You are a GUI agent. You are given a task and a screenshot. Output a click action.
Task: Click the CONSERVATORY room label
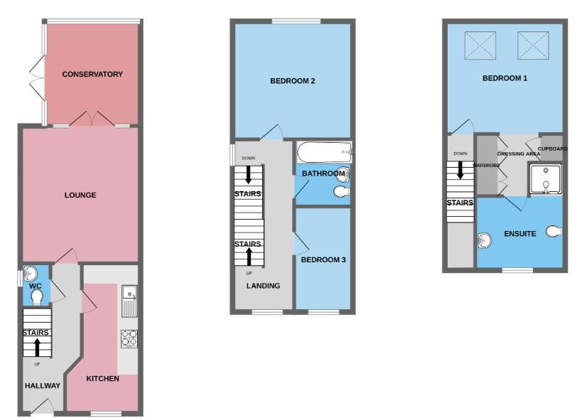coord(92,74)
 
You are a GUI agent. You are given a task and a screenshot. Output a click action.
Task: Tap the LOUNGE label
coord(80,195)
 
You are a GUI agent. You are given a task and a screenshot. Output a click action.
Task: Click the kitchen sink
coord(129,299)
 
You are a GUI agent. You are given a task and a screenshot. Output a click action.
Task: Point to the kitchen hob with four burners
coord(129,338)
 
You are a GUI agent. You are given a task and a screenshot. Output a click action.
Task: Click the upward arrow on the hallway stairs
coord(38,346)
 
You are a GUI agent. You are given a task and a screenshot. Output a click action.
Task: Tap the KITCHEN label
coord(102,378)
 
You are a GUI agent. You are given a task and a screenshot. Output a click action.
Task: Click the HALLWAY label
coord(43,385)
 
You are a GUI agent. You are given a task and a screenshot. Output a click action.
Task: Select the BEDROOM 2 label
coord(292,81)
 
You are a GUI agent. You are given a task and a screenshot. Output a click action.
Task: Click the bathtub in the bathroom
coord(323,151)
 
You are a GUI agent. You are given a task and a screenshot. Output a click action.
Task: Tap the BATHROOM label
coord(323,173)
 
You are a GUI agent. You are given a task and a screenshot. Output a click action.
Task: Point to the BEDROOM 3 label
coord(323,260)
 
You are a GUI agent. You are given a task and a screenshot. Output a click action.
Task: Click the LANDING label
coord(264,286)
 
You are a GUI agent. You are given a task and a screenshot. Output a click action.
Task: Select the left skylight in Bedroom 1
coord(481,45)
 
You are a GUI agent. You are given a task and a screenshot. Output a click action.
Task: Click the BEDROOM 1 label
coord(505,78)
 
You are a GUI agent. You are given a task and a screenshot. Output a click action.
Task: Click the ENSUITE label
coord(520,233)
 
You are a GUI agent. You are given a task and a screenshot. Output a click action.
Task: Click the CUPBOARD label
coord(553,149)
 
